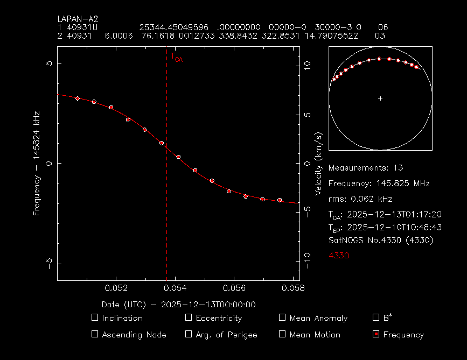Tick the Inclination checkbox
[x=95, y=317]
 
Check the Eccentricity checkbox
[x=189, y=317]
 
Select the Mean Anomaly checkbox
[x=282, y=317]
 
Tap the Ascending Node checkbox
[x=95, y=334]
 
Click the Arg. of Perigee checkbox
[x=189, y=334]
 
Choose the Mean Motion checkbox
[x=282, y=334]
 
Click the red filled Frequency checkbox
[x=376, y=334]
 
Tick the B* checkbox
[x=376, y=317]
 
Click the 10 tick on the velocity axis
[x=308, y=63]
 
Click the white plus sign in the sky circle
[x=380, y=98]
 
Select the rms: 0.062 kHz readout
[x=360, y=199]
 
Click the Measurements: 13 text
[x=365, y=167]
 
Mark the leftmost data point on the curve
[x=78, y=98]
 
